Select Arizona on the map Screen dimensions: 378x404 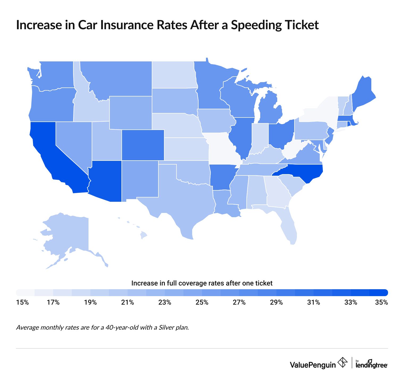105,181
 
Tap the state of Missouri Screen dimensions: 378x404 222,148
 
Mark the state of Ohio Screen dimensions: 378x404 281,134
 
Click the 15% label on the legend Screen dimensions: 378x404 22,303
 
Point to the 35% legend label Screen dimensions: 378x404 382,303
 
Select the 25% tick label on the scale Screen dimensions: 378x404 202,303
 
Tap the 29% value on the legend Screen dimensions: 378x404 276,303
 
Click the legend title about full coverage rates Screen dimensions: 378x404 202,283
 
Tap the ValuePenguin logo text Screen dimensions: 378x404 313,365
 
